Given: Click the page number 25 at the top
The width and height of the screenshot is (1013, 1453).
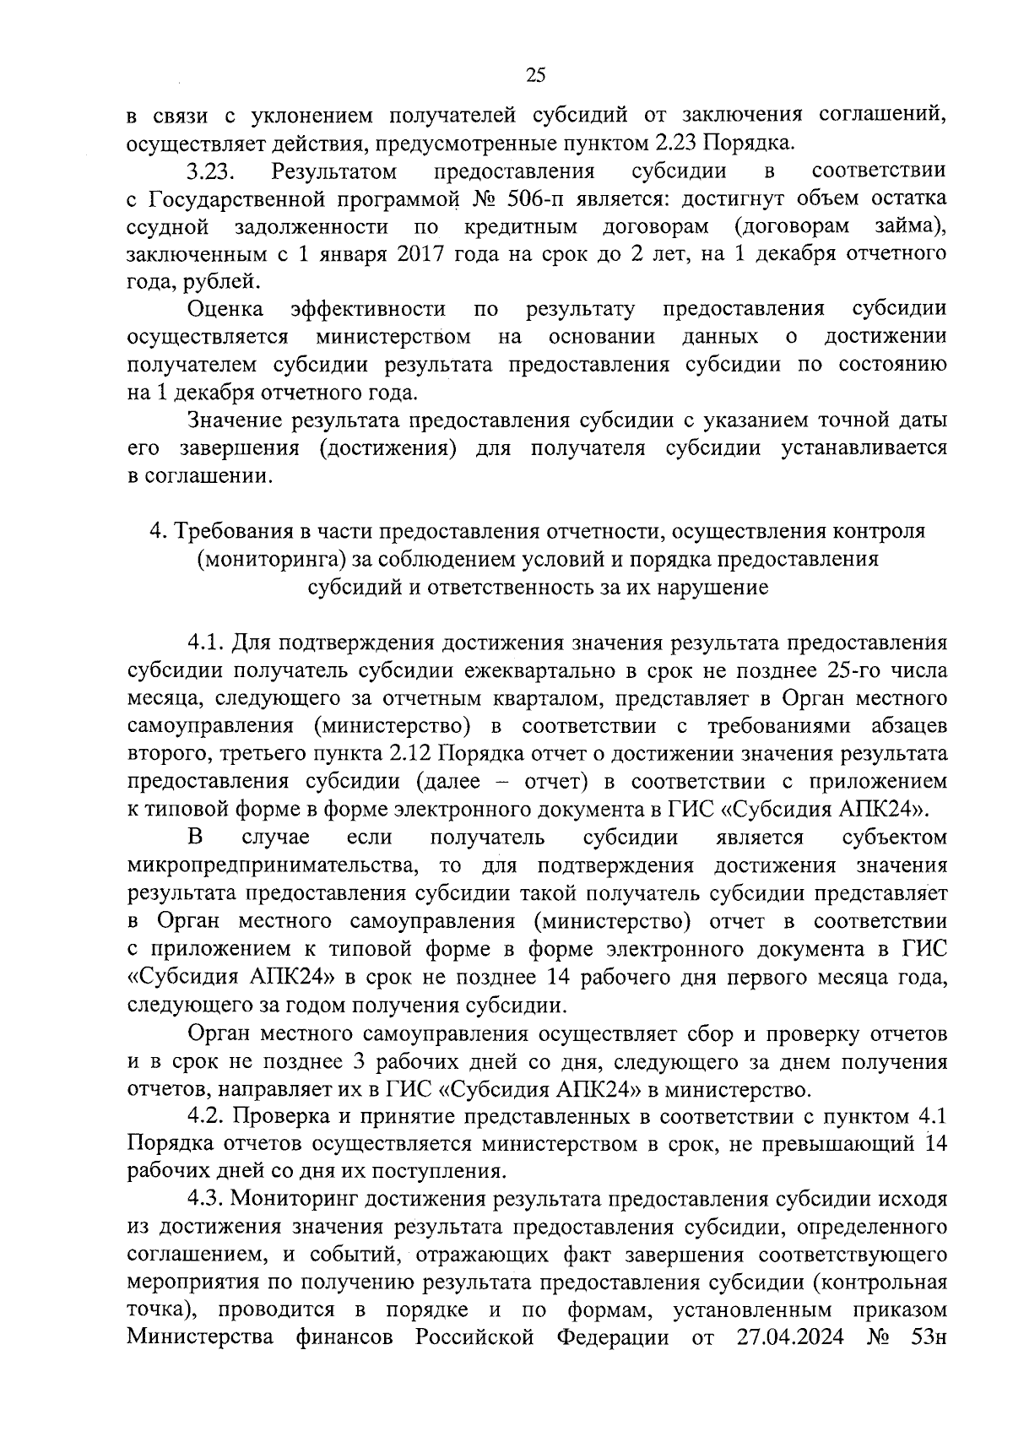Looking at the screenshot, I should pyautogui.click(x=536, y=76).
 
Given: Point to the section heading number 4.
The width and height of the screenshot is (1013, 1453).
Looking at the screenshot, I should pyautogui.click(x=155, y=532).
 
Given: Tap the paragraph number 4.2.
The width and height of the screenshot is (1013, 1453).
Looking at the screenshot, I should pyautogui.click(x=206, y=1116).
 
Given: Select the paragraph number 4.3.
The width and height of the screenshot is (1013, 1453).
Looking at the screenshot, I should pyautogui.click(x=206, y=1199).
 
